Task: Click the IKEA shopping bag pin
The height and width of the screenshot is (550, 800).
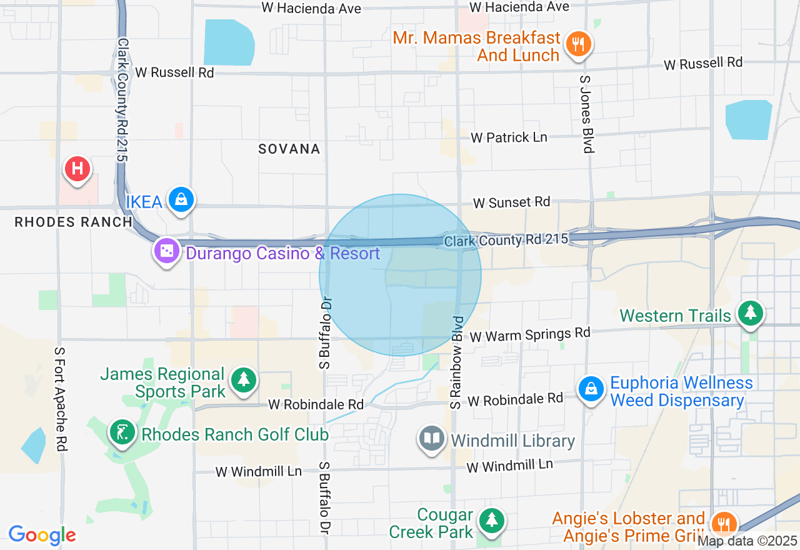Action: tap(181, 200)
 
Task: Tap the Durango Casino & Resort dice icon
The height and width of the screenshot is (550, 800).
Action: tap(167, 251)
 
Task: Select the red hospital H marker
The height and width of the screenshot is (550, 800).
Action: tap(77, 169)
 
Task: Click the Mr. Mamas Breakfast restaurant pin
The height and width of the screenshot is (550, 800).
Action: tap(578, 44)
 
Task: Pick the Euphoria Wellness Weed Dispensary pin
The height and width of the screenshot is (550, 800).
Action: tap(591, 389)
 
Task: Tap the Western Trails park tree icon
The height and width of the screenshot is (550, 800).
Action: tap(750, 313)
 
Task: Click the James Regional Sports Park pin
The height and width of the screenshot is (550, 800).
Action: tap(243, 379)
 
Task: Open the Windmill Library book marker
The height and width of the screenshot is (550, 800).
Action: tap(431, 438)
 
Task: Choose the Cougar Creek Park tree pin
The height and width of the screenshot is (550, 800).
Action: tap(492, 520)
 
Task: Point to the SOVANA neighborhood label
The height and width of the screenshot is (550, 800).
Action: tap(289, 149)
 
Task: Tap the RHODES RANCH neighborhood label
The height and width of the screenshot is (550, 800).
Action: tap(73, 222)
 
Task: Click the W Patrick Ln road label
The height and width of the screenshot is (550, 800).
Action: tap(509, 137)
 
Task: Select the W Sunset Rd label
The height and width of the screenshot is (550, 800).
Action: tap(511, 202)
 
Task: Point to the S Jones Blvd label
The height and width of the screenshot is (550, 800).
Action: tap(586, 114)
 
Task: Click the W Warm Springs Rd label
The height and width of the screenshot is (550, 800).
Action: tap(530, 334)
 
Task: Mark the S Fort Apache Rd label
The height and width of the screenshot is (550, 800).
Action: tap(61, 399)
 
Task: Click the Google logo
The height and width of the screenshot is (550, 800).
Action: tap(42, 535)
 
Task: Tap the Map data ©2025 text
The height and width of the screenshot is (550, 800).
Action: tap(747, 541)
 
